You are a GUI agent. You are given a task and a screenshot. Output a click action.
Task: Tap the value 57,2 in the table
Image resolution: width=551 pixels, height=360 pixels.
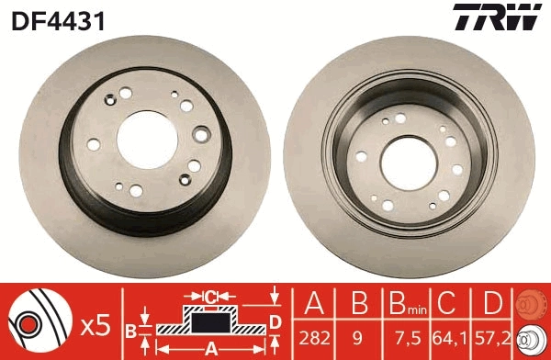(493, 339)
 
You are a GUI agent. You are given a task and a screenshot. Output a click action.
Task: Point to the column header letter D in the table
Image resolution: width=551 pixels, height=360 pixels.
(493, 304)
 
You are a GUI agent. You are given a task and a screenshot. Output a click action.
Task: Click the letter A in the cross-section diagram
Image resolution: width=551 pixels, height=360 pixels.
(211, 348)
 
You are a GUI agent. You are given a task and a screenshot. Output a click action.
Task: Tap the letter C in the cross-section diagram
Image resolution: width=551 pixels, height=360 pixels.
(210, 296)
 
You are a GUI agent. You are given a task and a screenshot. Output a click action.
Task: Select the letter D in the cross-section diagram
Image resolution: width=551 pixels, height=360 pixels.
(275, 320)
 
